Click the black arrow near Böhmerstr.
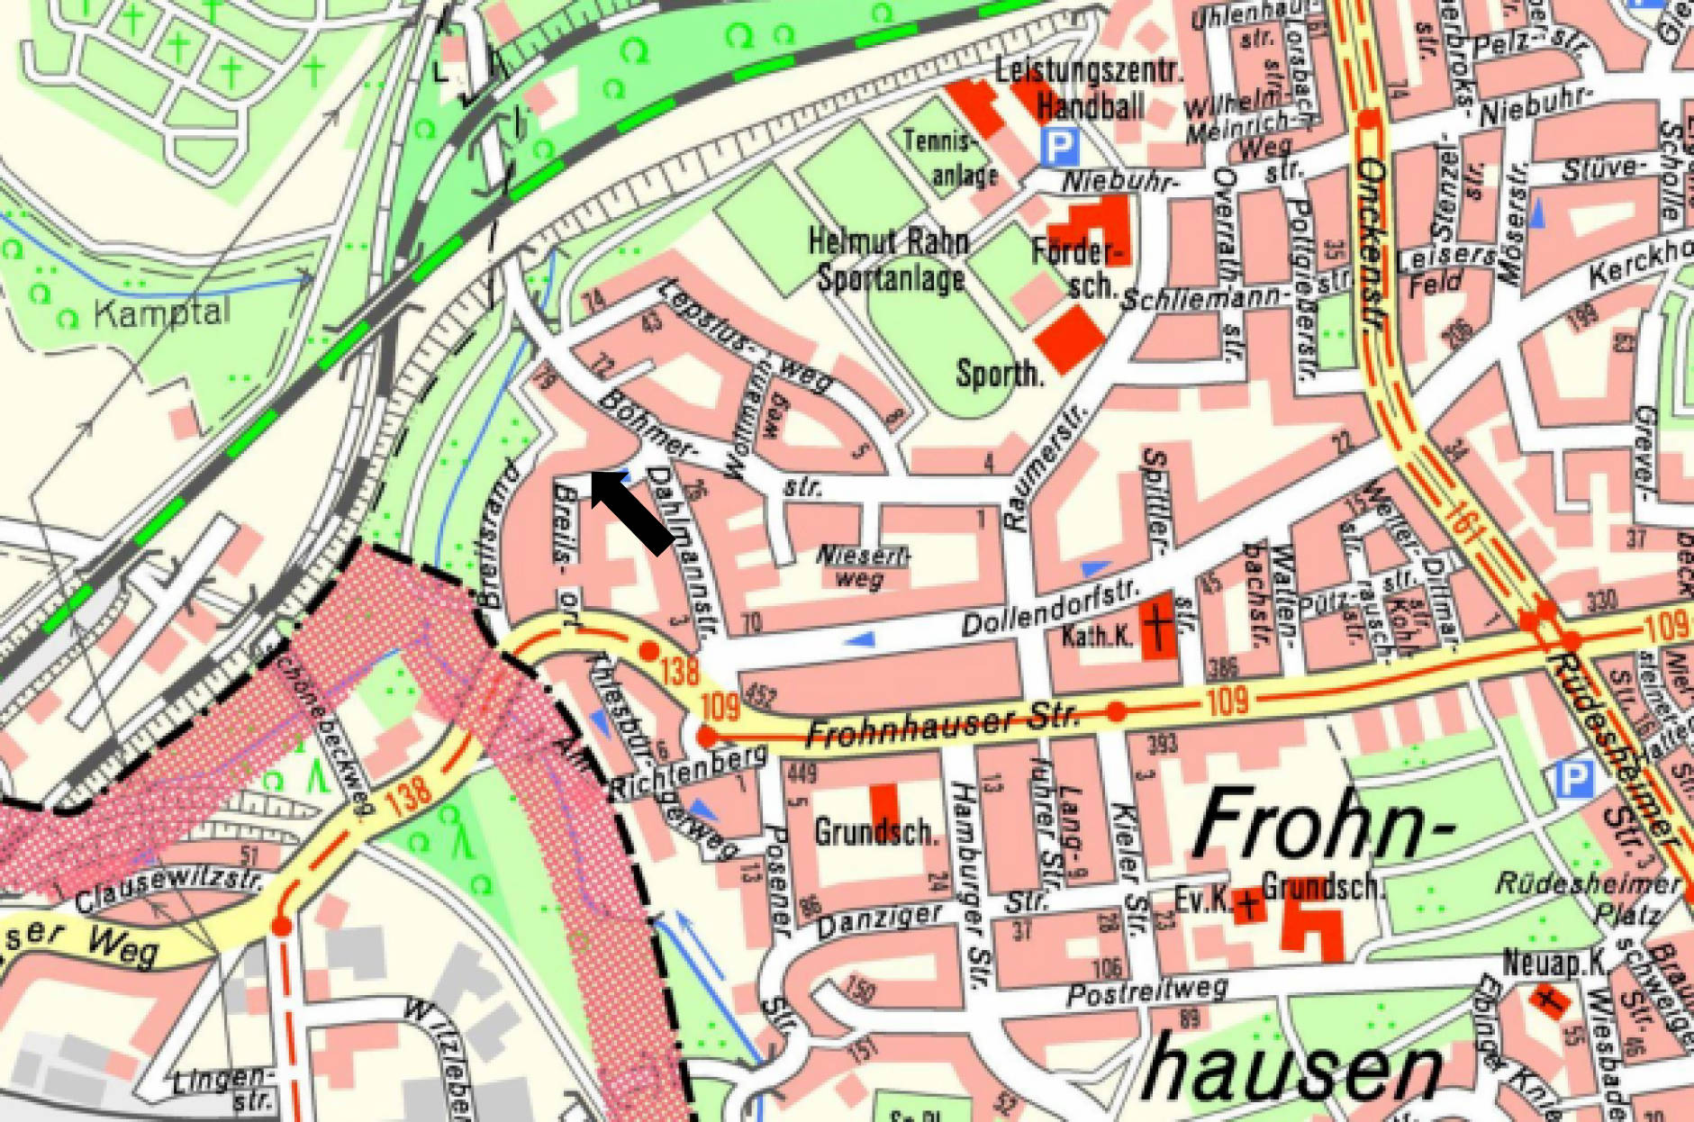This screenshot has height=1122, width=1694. (632, 511)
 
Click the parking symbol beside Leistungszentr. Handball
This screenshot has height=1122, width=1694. (1060, 146)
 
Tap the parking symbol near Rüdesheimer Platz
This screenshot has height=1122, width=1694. (1573, 780)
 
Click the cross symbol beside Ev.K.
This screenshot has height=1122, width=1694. (1247, 902)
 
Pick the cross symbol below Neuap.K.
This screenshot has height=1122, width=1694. (1548, 999)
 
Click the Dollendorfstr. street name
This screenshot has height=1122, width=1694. (1049, 612)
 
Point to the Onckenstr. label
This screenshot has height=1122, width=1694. (1372, 243)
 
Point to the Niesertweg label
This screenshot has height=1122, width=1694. (862, 566)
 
